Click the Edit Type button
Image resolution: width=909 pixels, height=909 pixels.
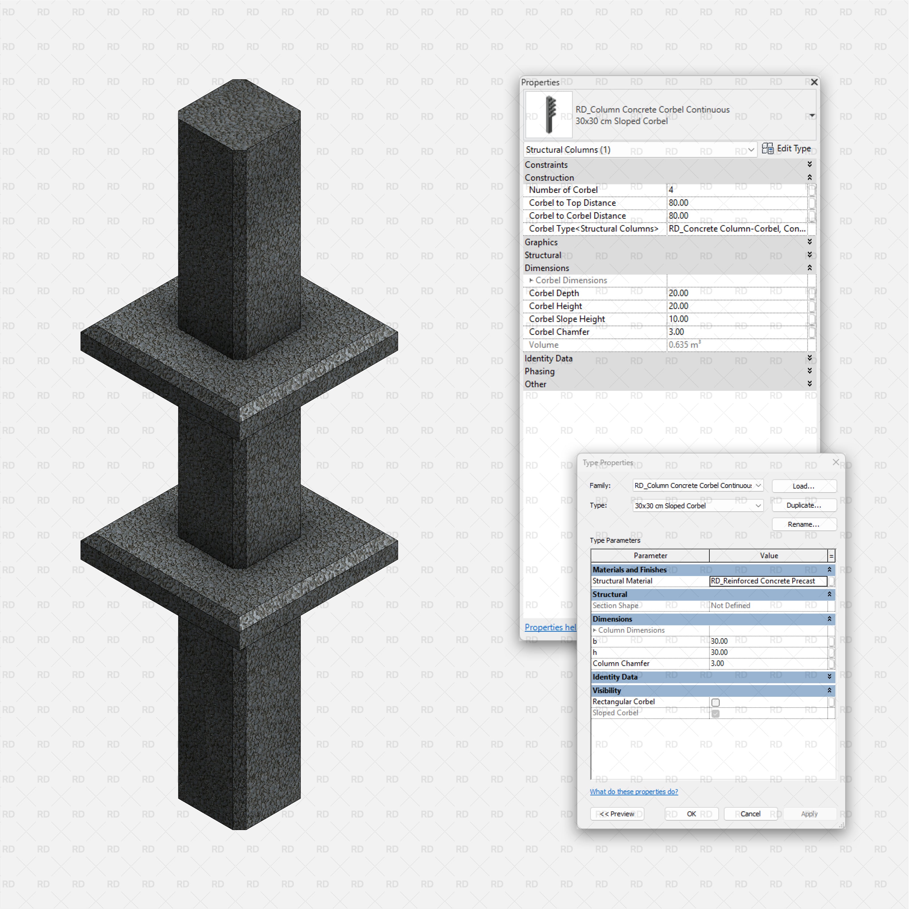pos(787,149)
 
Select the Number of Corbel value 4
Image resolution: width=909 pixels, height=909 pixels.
pos(736,189)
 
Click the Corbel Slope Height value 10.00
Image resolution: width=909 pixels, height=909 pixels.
pos(736,319)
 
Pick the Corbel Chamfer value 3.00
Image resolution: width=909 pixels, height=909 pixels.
pos(736,332)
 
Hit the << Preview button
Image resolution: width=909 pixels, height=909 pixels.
pos(617,814)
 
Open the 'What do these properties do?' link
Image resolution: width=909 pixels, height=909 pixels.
pos(634,792)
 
